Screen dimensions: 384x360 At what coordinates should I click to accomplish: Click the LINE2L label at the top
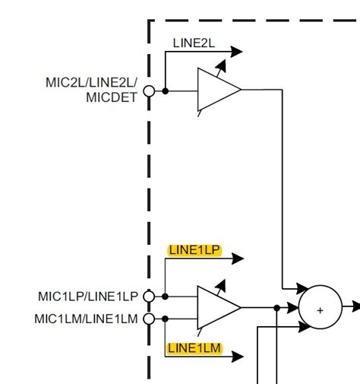(194, 43)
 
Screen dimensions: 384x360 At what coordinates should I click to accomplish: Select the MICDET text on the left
(113, 97)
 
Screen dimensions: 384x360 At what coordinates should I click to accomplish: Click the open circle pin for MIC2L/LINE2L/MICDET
(149, 90)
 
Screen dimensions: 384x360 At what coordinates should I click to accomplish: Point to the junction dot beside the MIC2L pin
(165, 90)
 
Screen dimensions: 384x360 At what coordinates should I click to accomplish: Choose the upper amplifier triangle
(216, 90)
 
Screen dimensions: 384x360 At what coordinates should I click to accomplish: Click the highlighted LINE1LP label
(194, 249)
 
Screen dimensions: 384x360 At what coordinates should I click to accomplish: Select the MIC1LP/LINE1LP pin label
(88, 296)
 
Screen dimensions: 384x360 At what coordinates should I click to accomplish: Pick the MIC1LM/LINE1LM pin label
(86, 319)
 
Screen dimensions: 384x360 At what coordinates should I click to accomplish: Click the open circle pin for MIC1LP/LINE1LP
(149, 297)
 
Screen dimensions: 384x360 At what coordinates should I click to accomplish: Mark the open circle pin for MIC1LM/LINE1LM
(149, 319)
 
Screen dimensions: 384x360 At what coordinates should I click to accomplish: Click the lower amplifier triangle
(216, 308)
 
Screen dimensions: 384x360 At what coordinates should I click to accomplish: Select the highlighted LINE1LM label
(194, 348)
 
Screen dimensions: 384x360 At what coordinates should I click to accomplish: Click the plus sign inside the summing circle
(320, 309)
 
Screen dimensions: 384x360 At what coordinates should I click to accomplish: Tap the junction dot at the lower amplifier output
(276, 308)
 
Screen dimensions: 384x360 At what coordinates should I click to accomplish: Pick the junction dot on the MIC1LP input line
(165, 297)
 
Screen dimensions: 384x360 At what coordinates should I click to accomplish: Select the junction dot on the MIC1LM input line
(165, 319)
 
